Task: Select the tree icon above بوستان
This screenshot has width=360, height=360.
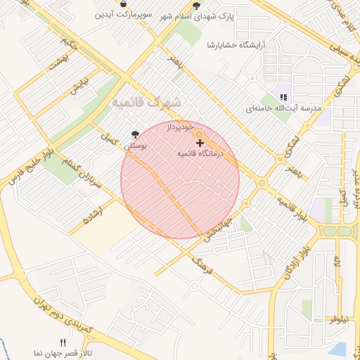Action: [135, 134]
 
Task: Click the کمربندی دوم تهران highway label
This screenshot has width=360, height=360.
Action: [60, 312]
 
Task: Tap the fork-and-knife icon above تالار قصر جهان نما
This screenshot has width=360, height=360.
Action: [63, 342]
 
